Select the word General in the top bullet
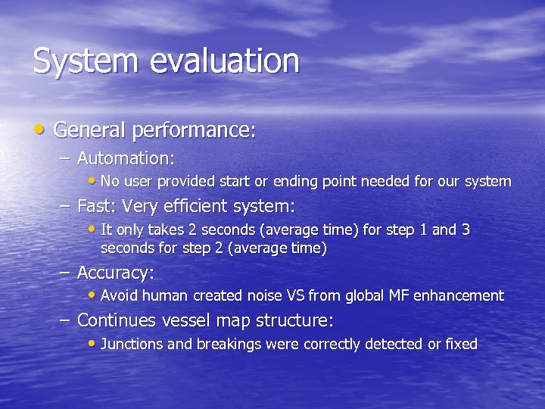90,130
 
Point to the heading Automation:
126,158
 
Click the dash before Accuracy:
66,273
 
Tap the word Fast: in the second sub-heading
96,206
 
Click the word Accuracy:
115,273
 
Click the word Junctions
132,345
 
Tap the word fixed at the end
462,345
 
